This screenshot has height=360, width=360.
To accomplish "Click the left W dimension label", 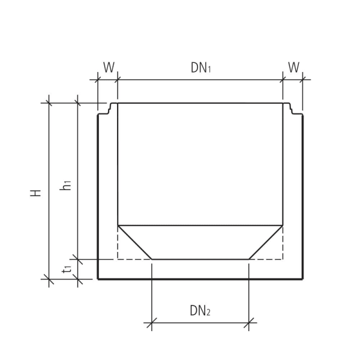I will pos(108,67).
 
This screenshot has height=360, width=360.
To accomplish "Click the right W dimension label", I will pos(293,67).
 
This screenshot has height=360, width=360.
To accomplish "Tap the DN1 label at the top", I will pos(201,67).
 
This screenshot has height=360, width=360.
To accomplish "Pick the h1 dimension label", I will pos(67,185).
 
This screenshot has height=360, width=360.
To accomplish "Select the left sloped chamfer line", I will pos(134,242).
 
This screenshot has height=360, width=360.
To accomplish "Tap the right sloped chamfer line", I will pos(266,242).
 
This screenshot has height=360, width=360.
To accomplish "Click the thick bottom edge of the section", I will pos(200,279).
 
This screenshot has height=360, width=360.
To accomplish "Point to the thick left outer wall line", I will pos(98,198).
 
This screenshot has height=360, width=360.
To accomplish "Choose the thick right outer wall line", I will pos(302,198).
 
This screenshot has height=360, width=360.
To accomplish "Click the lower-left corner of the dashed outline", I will pos(118,259).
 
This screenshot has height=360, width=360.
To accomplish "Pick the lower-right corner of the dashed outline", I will pos(283,259).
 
